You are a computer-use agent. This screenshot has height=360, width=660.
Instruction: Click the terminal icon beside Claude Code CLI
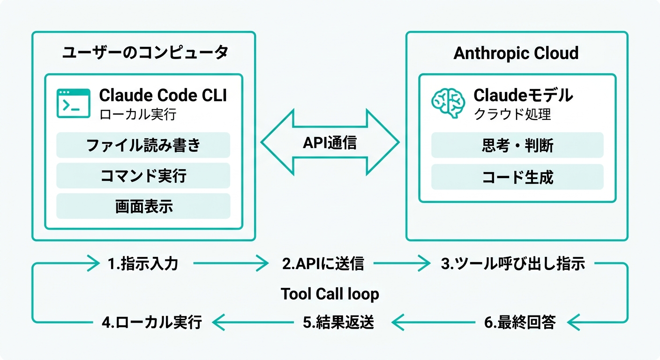(x=73, y=103)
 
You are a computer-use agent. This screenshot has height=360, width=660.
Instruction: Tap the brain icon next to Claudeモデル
(x=448, y=103)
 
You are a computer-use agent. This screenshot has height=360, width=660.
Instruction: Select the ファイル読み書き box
(x=143, y=145)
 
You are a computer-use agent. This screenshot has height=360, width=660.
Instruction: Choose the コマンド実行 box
(x=143, y=176)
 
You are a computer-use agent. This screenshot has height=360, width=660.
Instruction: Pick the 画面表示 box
(x=143, y=206)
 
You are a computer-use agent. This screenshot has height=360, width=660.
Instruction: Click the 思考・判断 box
(x=517, y=145)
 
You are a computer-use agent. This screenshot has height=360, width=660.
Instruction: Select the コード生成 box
(x=517, y=177)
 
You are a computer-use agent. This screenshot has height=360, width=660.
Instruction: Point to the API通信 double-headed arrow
(x=330, y=142)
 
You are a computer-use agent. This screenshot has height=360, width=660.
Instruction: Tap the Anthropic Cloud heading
(x=516, y=53)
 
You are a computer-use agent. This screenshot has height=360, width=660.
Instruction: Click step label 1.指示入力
(x=142, y=264)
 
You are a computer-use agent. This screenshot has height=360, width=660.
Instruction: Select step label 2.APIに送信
(x=323, y=264)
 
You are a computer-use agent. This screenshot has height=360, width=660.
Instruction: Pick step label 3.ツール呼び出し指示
(x=513, y=264)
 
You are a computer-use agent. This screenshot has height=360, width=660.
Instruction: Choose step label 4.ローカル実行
(x=152, y=322)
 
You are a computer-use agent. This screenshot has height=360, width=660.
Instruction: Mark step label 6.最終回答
(x=519, y=322)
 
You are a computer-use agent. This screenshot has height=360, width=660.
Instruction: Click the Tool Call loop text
(x=330, y=294)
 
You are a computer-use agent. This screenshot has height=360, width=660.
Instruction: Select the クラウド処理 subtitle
(x=512, y=114)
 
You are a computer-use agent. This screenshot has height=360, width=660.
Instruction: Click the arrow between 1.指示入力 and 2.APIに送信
(x=231, y=264)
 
